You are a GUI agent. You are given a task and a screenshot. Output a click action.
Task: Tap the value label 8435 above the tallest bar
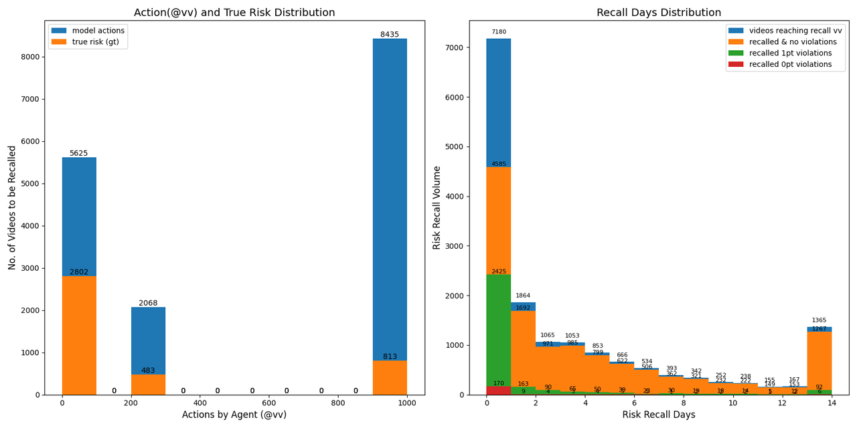coord(390,35)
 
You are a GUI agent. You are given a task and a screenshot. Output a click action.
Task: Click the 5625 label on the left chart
coord(79,153)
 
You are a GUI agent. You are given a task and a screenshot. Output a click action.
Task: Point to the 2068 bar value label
coord(148,303)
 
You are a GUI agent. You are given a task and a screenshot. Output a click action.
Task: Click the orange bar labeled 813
coord(390,378)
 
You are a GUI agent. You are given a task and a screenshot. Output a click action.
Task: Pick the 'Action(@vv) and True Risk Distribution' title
coord(234,13)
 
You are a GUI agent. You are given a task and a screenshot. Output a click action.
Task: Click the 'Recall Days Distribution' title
coord(659,13)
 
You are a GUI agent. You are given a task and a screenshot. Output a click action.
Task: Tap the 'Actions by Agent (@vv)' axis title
coord(234,415)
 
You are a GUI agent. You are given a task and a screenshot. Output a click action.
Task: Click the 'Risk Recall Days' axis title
coord(659,415)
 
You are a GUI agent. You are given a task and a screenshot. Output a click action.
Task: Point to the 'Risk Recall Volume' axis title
coord(437,207)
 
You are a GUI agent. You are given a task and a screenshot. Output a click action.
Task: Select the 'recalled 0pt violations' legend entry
coord(790,64)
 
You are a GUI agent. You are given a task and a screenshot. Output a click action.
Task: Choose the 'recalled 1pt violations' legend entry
coord(790,53)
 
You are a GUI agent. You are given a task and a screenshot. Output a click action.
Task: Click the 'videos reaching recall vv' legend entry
coord(795,31)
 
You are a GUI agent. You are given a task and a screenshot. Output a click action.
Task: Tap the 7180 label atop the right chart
coord(499,32)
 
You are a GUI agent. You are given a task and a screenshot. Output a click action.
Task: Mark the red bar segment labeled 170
coord(499,390)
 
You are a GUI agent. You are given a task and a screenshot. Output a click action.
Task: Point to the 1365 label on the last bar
coord(820,320)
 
